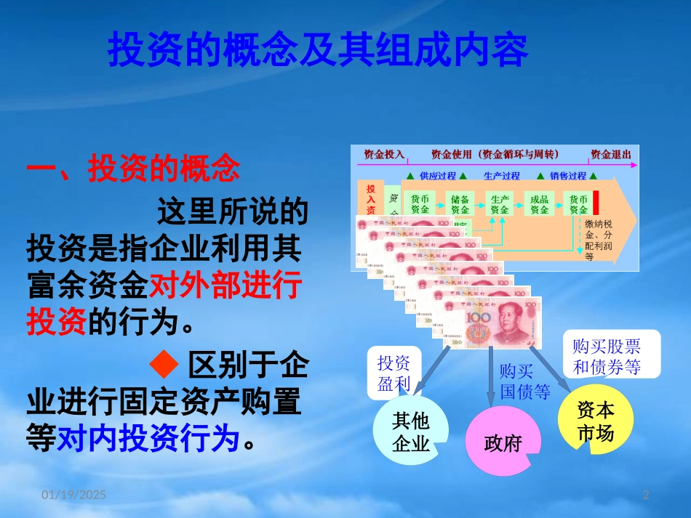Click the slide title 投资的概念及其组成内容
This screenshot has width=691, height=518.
[x=318, y=50]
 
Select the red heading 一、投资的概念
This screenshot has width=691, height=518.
[x=132, y=169]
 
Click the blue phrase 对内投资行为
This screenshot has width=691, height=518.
[x=148, y=437]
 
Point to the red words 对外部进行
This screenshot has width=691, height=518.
[x=225, y=288]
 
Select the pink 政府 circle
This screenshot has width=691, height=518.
[x=503, y=442]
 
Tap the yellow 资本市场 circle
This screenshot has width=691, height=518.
[x=595, y=421]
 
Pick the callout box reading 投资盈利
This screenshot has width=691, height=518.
[x=394, y=373]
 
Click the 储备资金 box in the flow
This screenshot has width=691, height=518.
[x=460, y=204]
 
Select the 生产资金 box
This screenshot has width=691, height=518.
[x=500, y=204]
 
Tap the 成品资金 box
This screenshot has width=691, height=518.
[x=539, y=204]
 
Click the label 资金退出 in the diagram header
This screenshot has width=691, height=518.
[x=610, y=155]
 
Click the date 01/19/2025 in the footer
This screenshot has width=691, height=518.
[x=73, y=495]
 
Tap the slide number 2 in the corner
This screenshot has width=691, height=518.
[x=646, y=495]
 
